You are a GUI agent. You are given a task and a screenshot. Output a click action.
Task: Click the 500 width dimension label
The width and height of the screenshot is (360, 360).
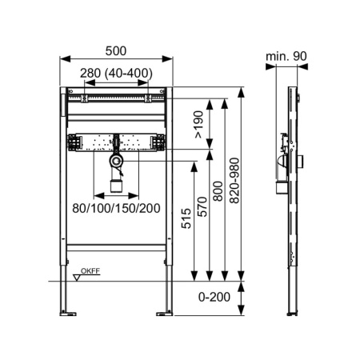117,49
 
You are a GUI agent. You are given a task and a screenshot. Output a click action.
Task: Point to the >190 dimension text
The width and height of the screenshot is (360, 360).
197,122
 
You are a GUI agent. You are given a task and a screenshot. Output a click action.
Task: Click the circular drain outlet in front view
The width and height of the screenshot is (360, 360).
118,162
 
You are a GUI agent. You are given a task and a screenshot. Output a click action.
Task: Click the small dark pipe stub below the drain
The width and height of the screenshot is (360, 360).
117,186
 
